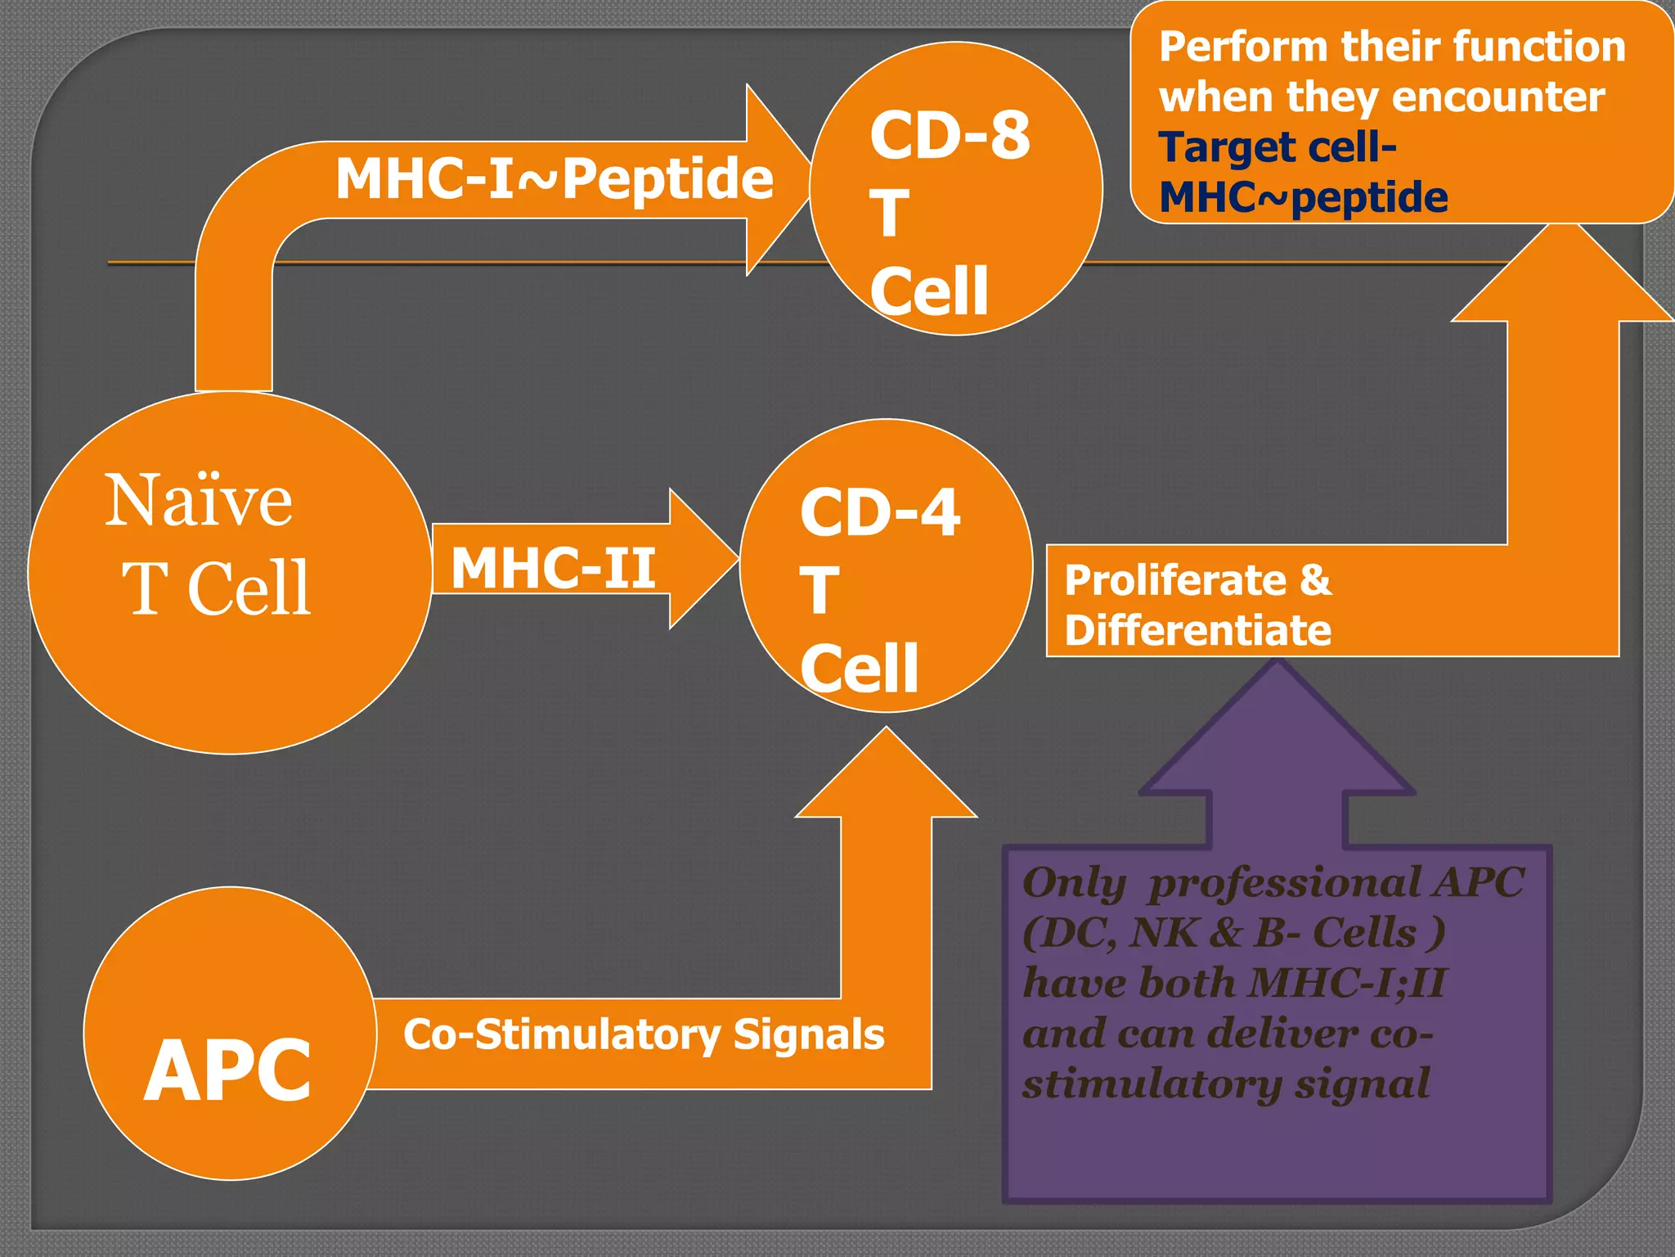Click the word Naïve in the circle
[x=198, y=500]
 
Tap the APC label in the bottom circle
[x=227, y=1070]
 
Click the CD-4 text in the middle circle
[x=880, y=513]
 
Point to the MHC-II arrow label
[x=553, y=567]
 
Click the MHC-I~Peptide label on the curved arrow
[x=554, y=178]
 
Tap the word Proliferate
[x=1175, y=581]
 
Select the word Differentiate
[x=1197, y=630]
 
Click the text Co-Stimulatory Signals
[x=644, y=1034]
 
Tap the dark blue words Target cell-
[x=1277, y=148]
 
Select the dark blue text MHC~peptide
[x=1303, y=198]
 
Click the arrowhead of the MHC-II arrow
[x=703, y=560]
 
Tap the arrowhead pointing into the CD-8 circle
[x=777, y=179]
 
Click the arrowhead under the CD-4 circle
[x=887, y=773]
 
